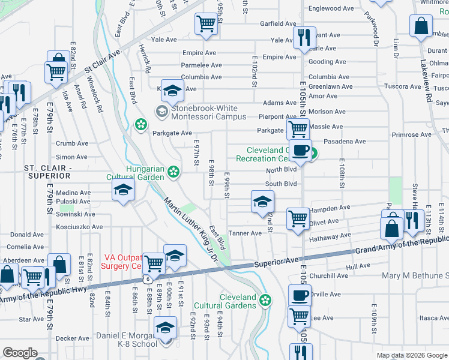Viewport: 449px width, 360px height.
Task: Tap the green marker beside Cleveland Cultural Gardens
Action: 265,299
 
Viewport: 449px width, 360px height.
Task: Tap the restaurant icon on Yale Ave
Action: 304,38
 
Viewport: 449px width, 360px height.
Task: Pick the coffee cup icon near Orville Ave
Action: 300,296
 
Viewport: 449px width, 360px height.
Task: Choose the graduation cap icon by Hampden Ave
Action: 262,202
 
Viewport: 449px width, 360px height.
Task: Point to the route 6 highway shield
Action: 147,280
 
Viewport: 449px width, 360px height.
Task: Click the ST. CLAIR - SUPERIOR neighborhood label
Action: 47,172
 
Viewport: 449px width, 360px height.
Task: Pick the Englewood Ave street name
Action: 331,9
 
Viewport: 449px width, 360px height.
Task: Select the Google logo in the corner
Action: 20,353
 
